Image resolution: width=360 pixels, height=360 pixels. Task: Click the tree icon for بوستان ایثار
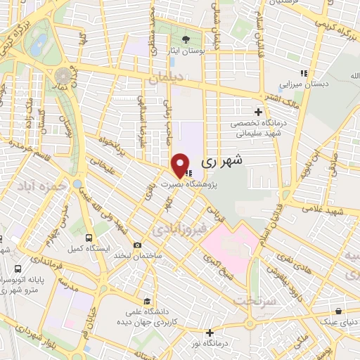click(x=185, y=39)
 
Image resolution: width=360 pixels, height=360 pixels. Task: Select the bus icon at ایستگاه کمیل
click(x=89, y=238)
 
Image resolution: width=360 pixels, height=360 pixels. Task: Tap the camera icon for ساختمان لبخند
click(x=137, y=245)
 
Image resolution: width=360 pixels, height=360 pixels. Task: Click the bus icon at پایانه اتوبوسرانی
click(x=18, y=269)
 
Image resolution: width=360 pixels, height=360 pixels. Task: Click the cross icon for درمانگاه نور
click(x=209, y=331)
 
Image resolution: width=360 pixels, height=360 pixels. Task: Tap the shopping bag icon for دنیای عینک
click(x=340, y=310)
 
